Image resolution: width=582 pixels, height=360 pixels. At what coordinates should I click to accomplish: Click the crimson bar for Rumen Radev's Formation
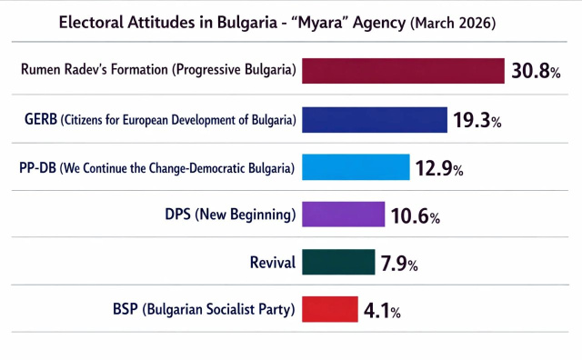[x=403, y=71]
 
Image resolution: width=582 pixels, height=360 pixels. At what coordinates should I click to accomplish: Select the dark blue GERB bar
[x=374, y=119]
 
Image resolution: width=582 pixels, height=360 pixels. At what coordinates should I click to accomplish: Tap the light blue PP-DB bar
[x=356, y=167]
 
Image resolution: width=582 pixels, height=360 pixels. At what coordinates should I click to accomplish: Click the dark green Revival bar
[x=337, y=263]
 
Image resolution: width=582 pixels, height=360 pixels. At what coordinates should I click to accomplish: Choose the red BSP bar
[x=328, y=310]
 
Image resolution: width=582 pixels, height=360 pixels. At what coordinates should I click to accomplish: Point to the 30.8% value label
[x=536, y=72]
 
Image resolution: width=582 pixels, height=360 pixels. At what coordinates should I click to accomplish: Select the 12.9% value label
[x=440, y=168]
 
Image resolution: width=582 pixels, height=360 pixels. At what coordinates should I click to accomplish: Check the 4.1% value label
[x=382, y=311]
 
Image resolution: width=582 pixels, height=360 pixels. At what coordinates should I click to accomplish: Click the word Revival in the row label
[x=273, y=264]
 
